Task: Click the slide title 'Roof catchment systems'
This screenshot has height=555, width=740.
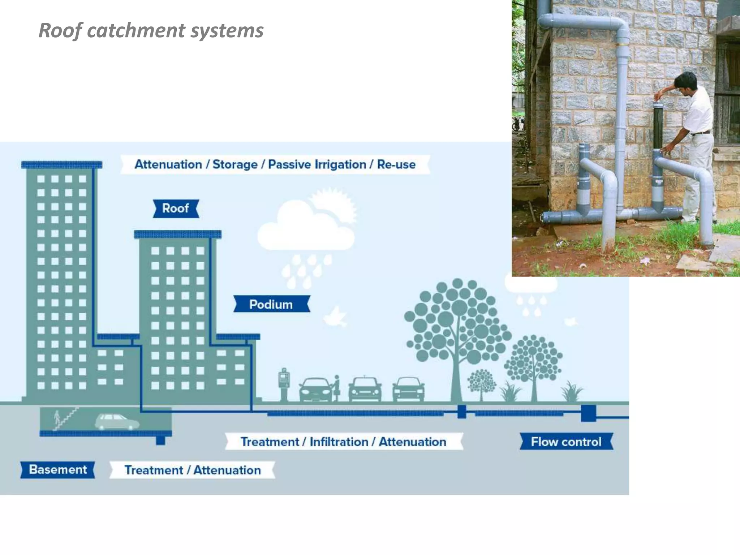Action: (151, 30)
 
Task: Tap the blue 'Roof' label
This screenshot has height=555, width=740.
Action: (176, 208)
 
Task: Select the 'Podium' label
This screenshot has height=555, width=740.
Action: (271, 304)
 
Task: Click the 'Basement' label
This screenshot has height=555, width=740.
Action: (58, 469)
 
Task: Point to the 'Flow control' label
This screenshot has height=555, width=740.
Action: (566, 442)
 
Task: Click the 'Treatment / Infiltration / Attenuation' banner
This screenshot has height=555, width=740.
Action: (343, 442)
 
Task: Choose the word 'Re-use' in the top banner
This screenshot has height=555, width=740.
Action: (396, 164)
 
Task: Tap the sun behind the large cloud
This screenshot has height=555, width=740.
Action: (336, 206)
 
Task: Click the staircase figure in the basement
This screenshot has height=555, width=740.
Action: (65, 419)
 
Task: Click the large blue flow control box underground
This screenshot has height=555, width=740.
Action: (588, 413)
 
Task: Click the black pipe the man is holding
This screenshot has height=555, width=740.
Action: (658, 126)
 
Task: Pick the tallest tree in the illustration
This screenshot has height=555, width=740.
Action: (457, 325)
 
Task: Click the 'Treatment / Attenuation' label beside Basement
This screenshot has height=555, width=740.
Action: (192, 470)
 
